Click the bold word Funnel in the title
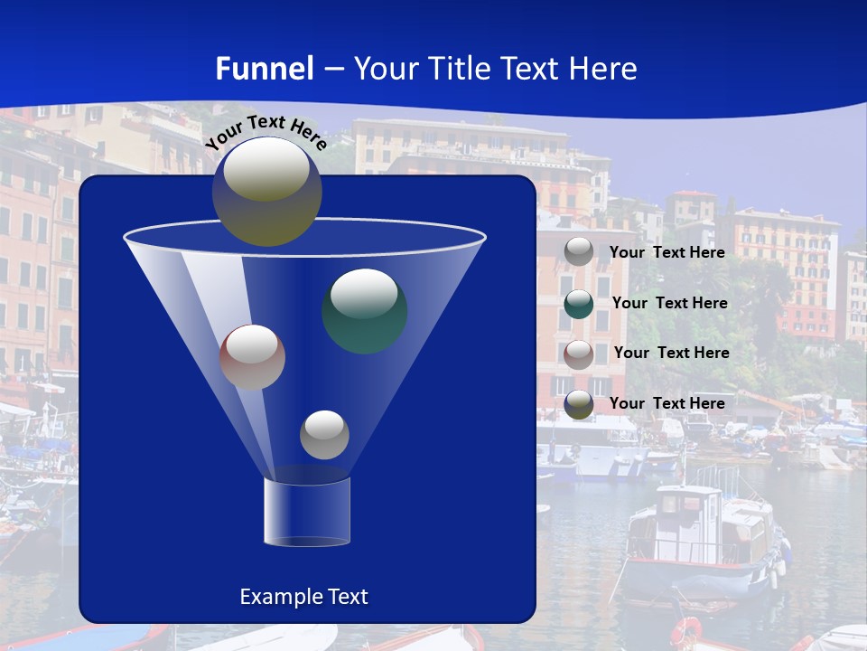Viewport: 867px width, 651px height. click(x=264, y=69)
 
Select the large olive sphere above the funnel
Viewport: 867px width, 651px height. click(x=267, y=191)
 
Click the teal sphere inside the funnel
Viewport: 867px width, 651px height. click(x=364, y=310)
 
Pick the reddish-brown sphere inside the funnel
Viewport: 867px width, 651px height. click(x=252, y=357)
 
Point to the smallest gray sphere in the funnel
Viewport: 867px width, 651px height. click(x=324, y=435)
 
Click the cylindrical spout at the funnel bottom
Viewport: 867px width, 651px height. click(x=307, y=512)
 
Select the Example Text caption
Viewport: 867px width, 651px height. click(x=303, y=597)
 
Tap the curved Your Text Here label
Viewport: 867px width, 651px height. click(x=266, y=132)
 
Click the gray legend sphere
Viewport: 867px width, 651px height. click(x=579, y=252)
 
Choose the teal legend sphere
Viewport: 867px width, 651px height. click(x=579, y=304)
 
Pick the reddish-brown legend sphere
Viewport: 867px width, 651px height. click(x=579, y=354)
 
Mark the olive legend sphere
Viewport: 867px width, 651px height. click(x=579, y=404)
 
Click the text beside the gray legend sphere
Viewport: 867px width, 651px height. click(x=667, y=252)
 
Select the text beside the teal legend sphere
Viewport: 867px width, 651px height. click(x=669, y=303)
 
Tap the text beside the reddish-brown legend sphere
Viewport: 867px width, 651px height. click(x=671, y=353)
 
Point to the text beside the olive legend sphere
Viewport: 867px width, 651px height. click(x=667, y=403)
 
